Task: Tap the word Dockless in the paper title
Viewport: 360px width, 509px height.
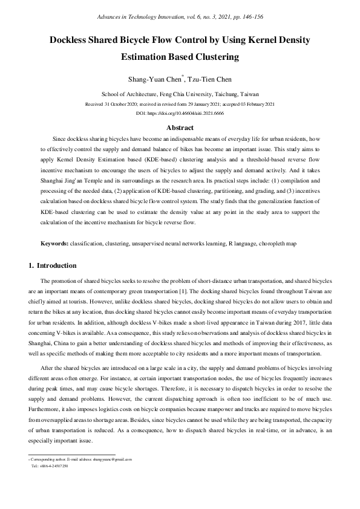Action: (73, 41)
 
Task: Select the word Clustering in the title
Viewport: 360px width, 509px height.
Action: (214, 57)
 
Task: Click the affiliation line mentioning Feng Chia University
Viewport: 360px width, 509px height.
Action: (179, 94)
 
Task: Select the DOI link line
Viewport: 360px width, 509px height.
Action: (180, 113)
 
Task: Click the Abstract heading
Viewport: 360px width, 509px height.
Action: (180, 128)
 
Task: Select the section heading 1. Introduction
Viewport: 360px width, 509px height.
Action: (53, 265)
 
